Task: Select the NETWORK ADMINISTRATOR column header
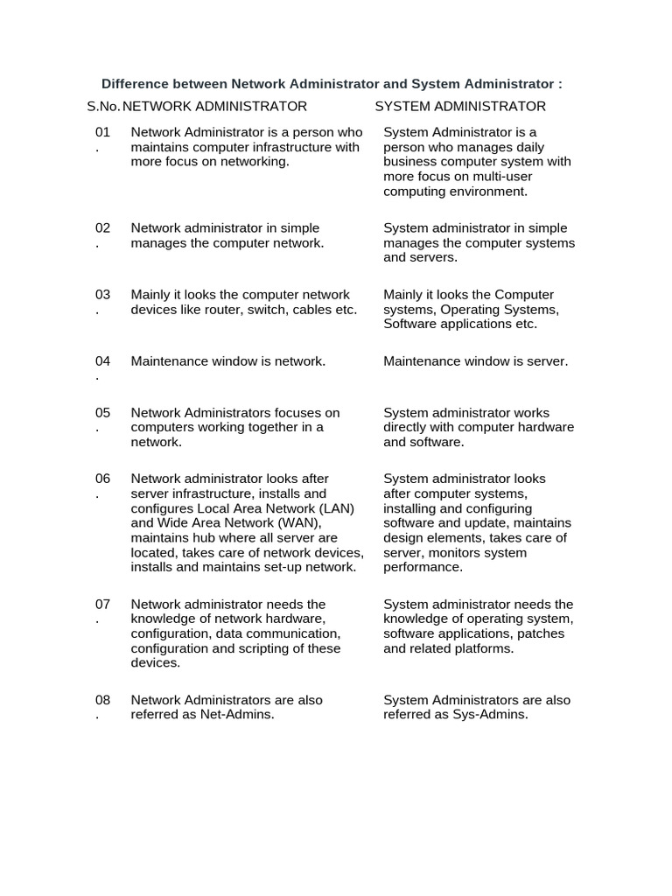coord(214,106)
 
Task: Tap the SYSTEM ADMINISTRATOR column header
coord(460,106)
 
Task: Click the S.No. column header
coord(103,106)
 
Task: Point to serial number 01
coord(103,132)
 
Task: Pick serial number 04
coord(103,361)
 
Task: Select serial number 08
coord(103,700)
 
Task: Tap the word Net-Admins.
coord(238,715)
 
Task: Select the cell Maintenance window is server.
coord(475,361)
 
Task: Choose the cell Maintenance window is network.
coord(227,361)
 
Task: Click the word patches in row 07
coord(541,633)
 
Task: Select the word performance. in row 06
coord(423,567)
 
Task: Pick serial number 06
coord(103,479)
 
